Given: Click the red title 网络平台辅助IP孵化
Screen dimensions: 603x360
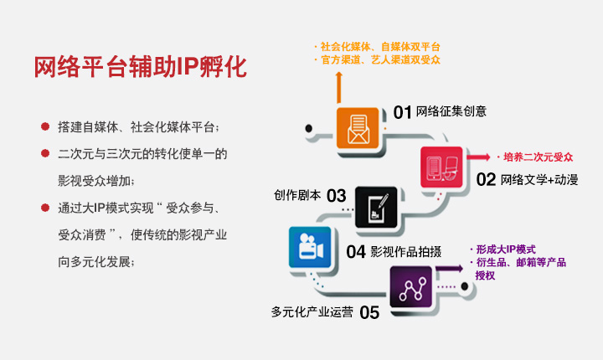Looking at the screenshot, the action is (x=141, y=67).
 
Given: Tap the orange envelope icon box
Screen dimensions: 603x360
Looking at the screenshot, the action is (x=358, y=128).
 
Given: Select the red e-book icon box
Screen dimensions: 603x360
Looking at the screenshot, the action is (x=441, y=167).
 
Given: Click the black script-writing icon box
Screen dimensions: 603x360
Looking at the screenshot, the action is (x=376, y=208).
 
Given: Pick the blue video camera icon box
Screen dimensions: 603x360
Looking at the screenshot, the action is (x=310, y=247).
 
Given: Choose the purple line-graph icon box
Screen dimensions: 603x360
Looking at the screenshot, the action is (x=411, y=287).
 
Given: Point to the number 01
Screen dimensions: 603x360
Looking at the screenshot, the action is (x=402, y=113).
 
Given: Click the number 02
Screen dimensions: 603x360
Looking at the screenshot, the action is (x=486, y=180).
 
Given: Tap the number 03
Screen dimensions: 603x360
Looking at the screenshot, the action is (x=337, y=196).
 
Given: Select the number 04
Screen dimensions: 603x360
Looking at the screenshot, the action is (x=356, y=252).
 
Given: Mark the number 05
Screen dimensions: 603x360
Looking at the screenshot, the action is (x=369, y=312).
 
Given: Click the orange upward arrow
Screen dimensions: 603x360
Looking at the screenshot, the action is (x=339, y=87).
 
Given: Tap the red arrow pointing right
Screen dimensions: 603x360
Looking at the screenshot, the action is (x=478, y=157).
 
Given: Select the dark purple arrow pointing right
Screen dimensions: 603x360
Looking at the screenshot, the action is (x=449, y=269).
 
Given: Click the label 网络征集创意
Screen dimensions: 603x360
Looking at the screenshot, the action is (x=451, y=111).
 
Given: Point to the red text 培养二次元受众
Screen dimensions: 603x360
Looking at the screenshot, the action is (x=538, y=157).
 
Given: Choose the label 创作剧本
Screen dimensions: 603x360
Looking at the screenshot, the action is (x=297, y=195).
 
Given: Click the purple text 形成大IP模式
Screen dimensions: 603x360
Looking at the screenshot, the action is (x=506, y=249).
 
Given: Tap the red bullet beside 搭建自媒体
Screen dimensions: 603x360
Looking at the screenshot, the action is (x=45, y=126).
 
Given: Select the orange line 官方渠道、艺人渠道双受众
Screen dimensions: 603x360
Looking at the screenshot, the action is (x=380, y=60).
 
